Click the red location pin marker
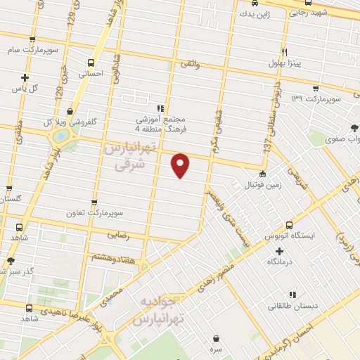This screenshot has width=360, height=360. coord(181,165)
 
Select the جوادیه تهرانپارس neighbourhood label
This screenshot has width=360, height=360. coord(160,309)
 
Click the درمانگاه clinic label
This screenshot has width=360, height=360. coord(280,261)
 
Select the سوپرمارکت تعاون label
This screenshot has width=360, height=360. coord(94,212)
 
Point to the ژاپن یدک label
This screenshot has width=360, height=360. coord(252,13)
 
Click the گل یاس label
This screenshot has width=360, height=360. coord(25,89)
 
